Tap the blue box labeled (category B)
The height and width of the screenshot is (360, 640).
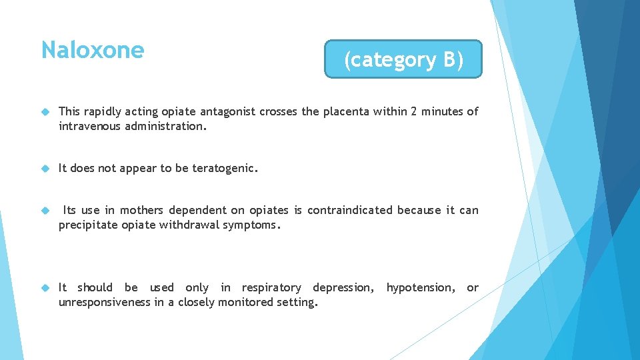click(403, 60)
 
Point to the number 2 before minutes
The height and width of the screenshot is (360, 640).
click(414, 111)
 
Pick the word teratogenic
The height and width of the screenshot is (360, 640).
click(223, 168)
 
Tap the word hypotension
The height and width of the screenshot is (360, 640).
click(420, 287)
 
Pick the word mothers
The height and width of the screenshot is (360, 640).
click(146, 210)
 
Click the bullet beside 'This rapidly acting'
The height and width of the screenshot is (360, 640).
click(45, 112)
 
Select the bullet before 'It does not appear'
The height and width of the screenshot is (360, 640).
click(45, 169)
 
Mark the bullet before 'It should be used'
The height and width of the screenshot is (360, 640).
click(45, 288)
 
